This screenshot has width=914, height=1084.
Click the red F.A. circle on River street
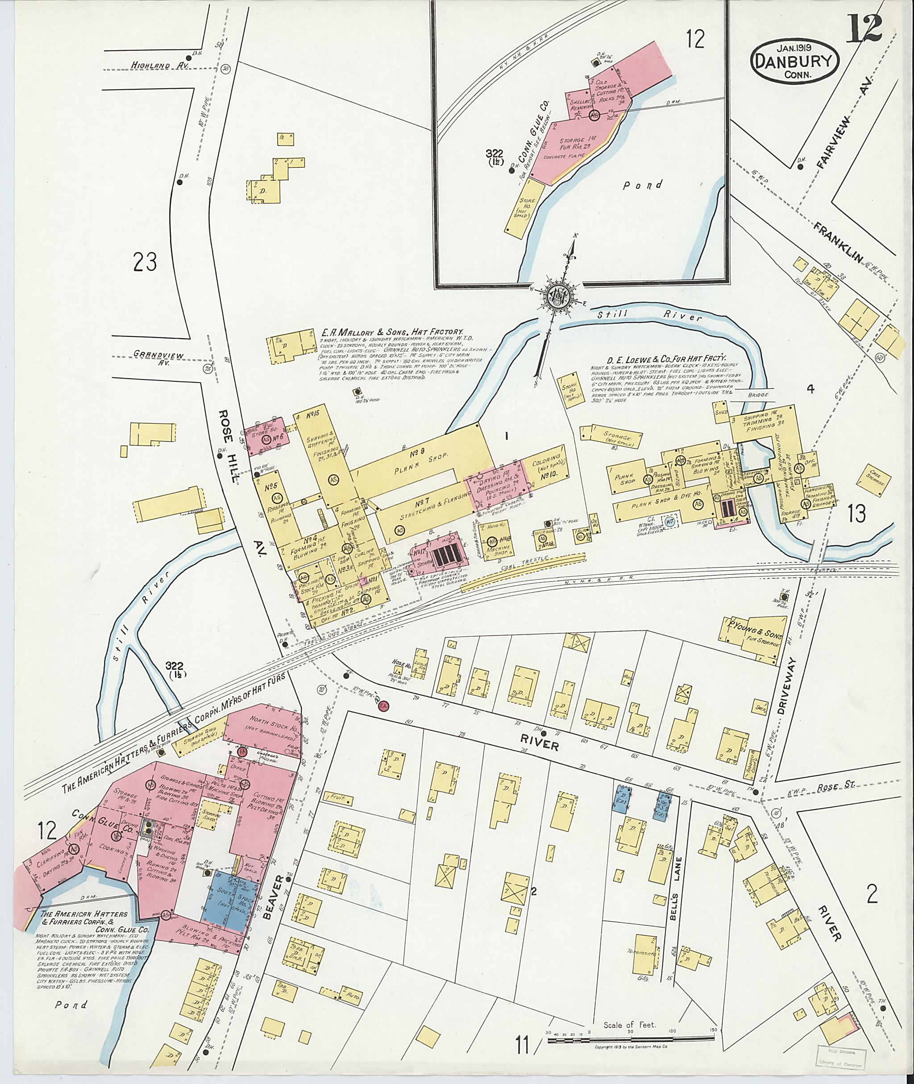(384, 706)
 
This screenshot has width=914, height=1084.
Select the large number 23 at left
(145, 261)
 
